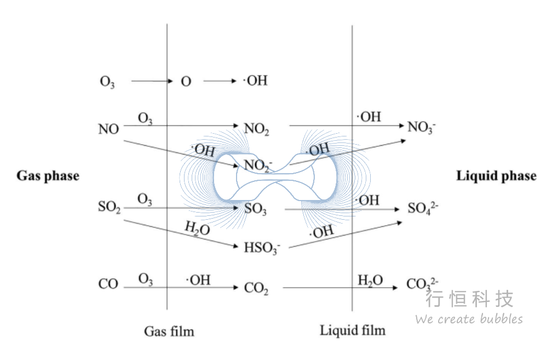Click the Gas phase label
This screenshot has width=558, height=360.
pos(48,176)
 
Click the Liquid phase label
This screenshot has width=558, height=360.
pos(497,176)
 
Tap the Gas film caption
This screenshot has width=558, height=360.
pos(169,331)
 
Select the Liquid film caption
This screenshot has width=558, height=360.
pos(353,330)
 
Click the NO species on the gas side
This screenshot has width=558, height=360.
pos(108,129)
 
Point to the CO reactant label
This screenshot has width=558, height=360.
pos(108,284)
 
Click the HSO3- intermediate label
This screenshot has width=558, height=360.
pos(262,248)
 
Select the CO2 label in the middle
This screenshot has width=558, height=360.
pos(256,288)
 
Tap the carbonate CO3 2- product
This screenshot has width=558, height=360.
pos(422,284)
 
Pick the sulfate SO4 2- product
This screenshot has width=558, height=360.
pos(423,208)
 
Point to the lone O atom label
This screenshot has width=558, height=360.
pos(186,82)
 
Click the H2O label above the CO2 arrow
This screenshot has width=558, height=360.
pos(370,281)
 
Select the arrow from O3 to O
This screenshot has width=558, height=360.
pos(152,81)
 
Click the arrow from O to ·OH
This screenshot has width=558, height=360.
pos(220,81)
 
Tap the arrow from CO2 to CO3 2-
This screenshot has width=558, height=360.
pos(340,288)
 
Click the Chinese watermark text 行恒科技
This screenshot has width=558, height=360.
pos(469,299)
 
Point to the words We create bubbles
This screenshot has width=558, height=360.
pos(469,318)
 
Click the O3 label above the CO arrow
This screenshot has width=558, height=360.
pos(145,279)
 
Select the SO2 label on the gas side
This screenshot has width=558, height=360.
pos(110,207)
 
